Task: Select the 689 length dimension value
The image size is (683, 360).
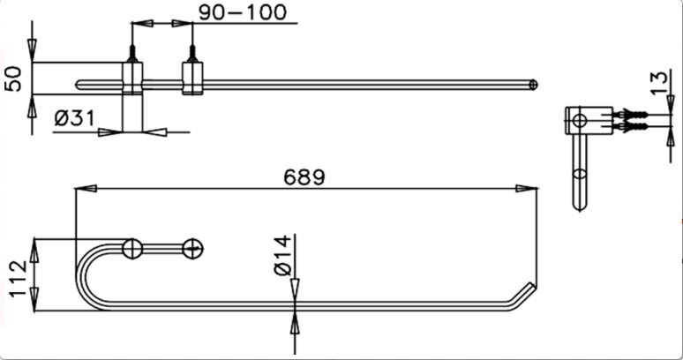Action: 304,176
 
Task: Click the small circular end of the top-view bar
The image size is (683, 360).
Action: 533,85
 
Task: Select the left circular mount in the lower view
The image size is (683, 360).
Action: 131,249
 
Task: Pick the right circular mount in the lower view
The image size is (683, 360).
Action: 192,249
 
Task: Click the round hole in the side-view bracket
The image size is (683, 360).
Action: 578,121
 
